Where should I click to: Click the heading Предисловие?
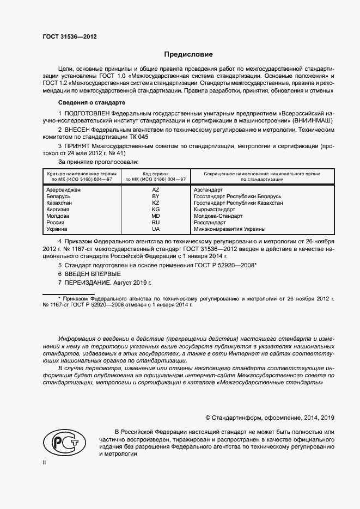(x=189, y=54)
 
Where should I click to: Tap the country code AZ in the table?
(x=155, y=189)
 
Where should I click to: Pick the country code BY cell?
(x=155, y=196)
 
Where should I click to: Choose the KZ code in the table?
(x=155, y=203)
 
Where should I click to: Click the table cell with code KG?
(x=155, y=210)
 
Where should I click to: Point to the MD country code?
(x=155, y=216)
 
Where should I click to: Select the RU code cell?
(x=155, y=223)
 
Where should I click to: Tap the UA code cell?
(x=155, y=230)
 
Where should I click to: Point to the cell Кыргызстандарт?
(x=215, y=210)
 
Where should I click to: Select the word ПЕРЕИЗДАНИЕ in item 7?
(x=89, y=283)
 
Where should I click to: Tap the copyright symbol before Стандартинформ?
(x=208, y=418)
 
